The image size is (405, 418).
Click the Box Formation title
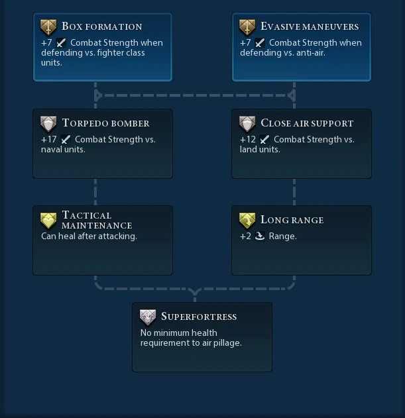pos(101,26)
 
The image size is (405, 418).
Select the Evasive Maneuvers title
pos(310,26)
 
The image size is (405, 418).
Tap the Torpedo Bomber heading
pos(105,123)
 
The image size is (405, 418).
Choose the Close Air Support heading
pos(307,123)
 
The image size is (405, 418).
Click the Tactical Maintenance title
pos(97,220)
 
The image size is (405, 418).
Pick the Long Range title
pos(292,220)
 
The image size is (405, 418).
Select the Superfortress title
pos(199,317)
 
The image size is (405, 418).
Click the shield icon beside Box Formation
pos(48,27)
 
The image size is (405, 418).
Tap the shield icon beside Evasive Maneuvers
pos(247,27)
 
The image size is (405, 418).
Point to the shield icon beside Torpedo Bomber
pos(48,124)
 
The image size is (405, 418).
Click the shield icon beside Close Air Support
pos(247,124)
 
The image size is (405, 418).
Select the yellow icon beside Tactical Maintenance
pos(48,221)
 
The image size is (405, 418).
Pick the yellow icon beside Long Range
pos(247,221)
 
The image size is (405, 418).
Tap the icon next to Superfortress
pos(148,317)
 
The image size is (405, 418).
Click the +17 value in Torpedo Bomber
pos(48,140)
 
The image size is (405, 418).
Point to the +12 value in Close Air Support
pos(248,140)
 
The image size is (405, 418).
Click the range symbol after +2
pos(260,236)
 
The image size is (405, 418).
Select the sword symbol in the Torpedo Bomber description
pos(66,140)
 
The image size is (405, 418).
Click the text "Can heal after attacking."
pos(89,236)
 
